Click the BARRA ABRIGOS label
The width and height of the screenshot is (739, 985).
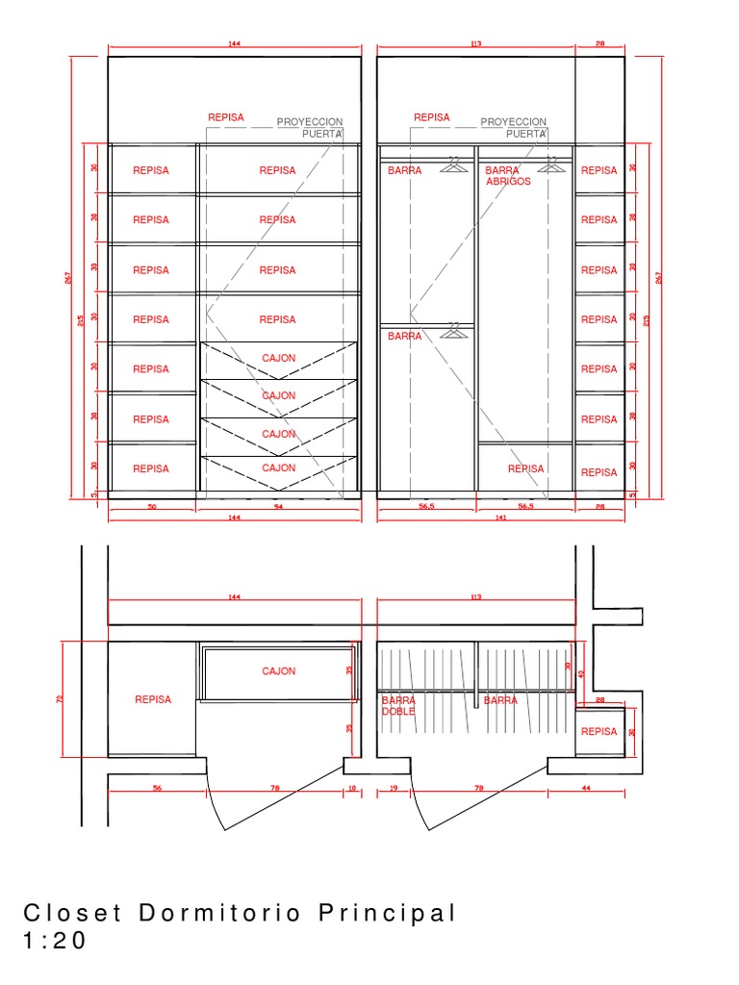coord(507,175)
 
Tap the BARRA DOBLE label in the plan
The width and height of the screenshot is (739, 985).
coord(398,706)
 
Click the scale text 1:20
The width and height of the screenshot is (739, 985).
coord(54,940)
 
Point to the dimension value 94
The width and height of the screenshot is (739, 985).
coord(279,505)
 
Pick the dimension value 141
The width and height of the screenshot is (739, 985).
coord(500,518)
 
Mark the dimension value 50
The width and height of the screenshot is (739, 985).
coord(152,505)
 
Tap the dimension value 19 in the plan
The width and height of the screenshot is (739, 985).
coord(395,788)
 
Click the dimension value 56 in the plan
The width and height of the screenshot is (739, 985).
coord(156,788)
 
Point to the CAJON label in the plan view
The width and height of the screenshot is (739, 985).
coord(279,671)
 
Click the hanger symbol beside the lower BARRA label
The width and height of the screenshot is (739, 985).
coord(454,332)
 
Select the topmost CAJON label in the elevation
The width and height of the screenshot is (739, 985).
coord(279,358)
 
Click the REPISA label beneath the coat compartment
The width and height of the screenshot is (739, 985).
coord(525,469)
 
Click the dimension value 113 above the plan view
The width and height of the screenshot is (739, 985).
coord(475,597)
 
